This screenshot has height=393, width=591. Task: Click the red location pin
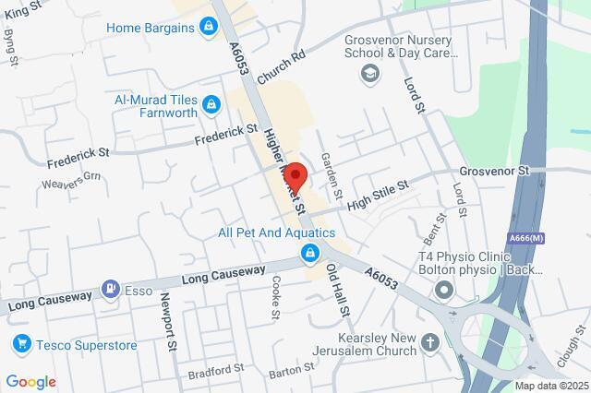coord(295,173)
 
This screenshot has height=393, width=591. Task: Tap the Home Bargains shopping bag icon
coord(211,28)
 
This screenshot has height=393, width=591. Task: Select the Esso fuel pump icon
coord(111,290)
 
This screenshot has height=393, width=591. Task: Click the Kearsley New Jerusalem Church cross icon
coord(430,344)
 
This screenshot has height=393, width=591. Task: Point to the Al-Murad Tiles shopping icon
coord(211,104)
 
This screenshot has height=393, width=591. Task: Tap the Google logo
coord(30,381)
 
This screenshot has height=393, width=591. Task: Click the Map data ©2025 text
coord(551,385)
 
